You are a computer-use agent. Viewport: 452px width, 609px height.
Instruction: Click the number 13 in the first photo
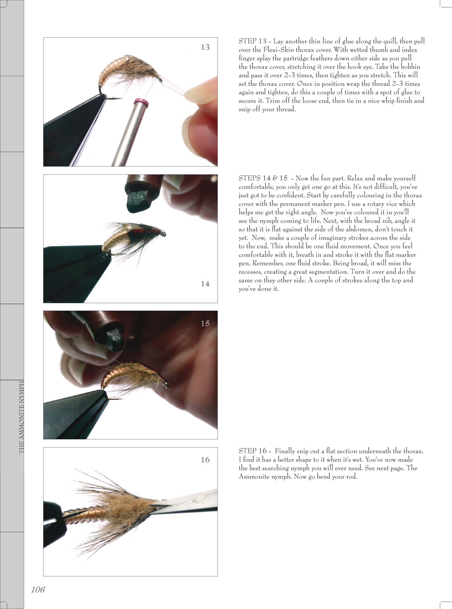205,47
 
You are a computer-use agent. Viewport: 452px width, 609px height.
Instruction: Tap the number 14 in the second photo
205,284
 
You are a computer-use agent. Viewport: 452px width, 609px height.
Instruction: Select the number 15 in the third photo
205,323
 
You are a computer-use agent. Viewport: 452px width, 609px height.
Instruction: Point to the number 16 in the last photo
205,460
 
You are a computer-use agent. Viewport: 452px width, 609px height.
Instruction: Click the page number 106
38,590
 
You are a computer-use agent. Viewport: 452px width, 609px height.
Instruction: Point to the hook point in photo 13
120,99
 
